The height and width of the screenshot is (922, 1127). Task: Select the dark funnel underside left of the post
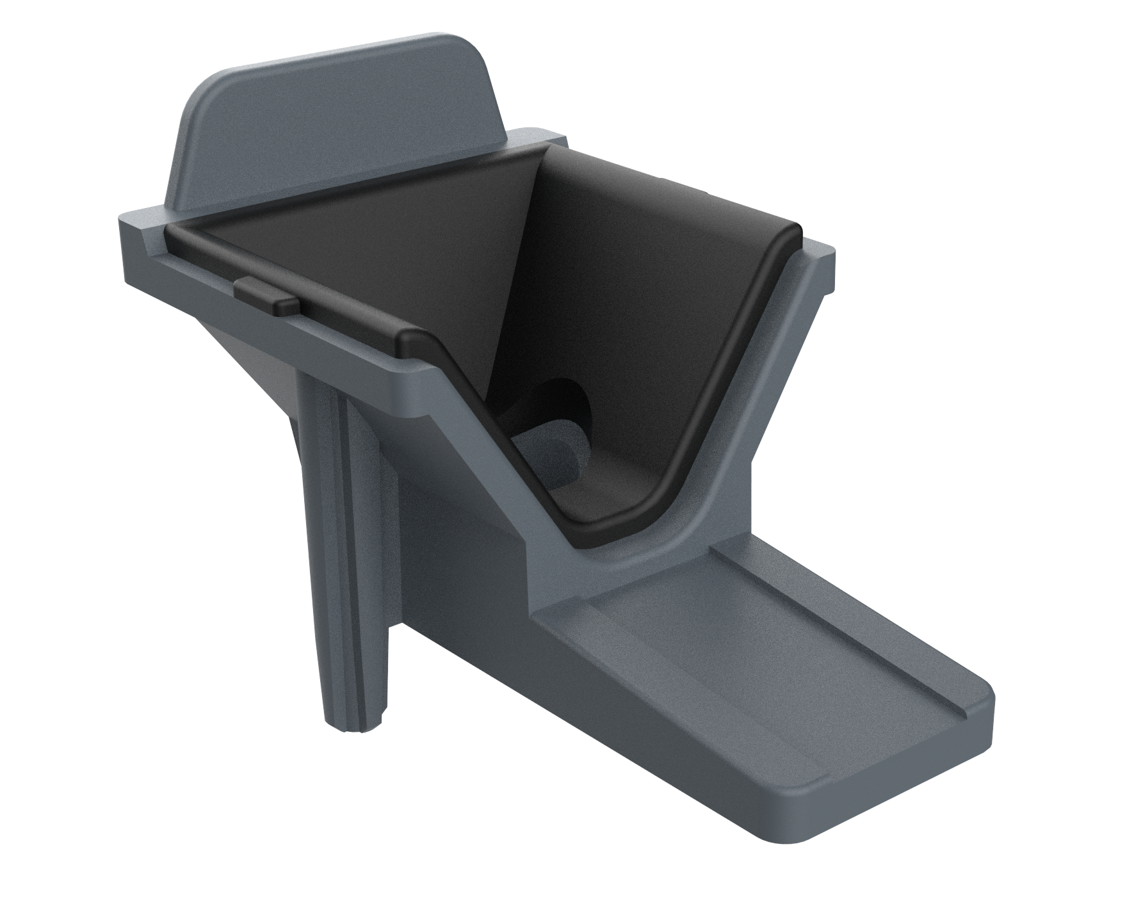tap(256, 359)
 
